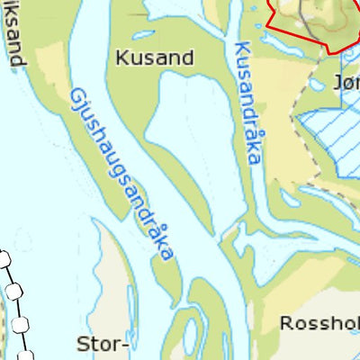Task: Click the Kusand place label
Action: [155, 58]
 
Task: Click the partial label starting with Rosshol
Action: [319, 323]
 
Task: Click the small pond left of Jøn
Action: [316, 85]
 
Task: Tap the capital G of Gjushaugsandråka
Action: [76, 96]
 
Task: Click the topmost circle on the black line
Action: [4, 261]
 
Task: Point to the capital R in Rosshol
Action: [287, 323]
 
